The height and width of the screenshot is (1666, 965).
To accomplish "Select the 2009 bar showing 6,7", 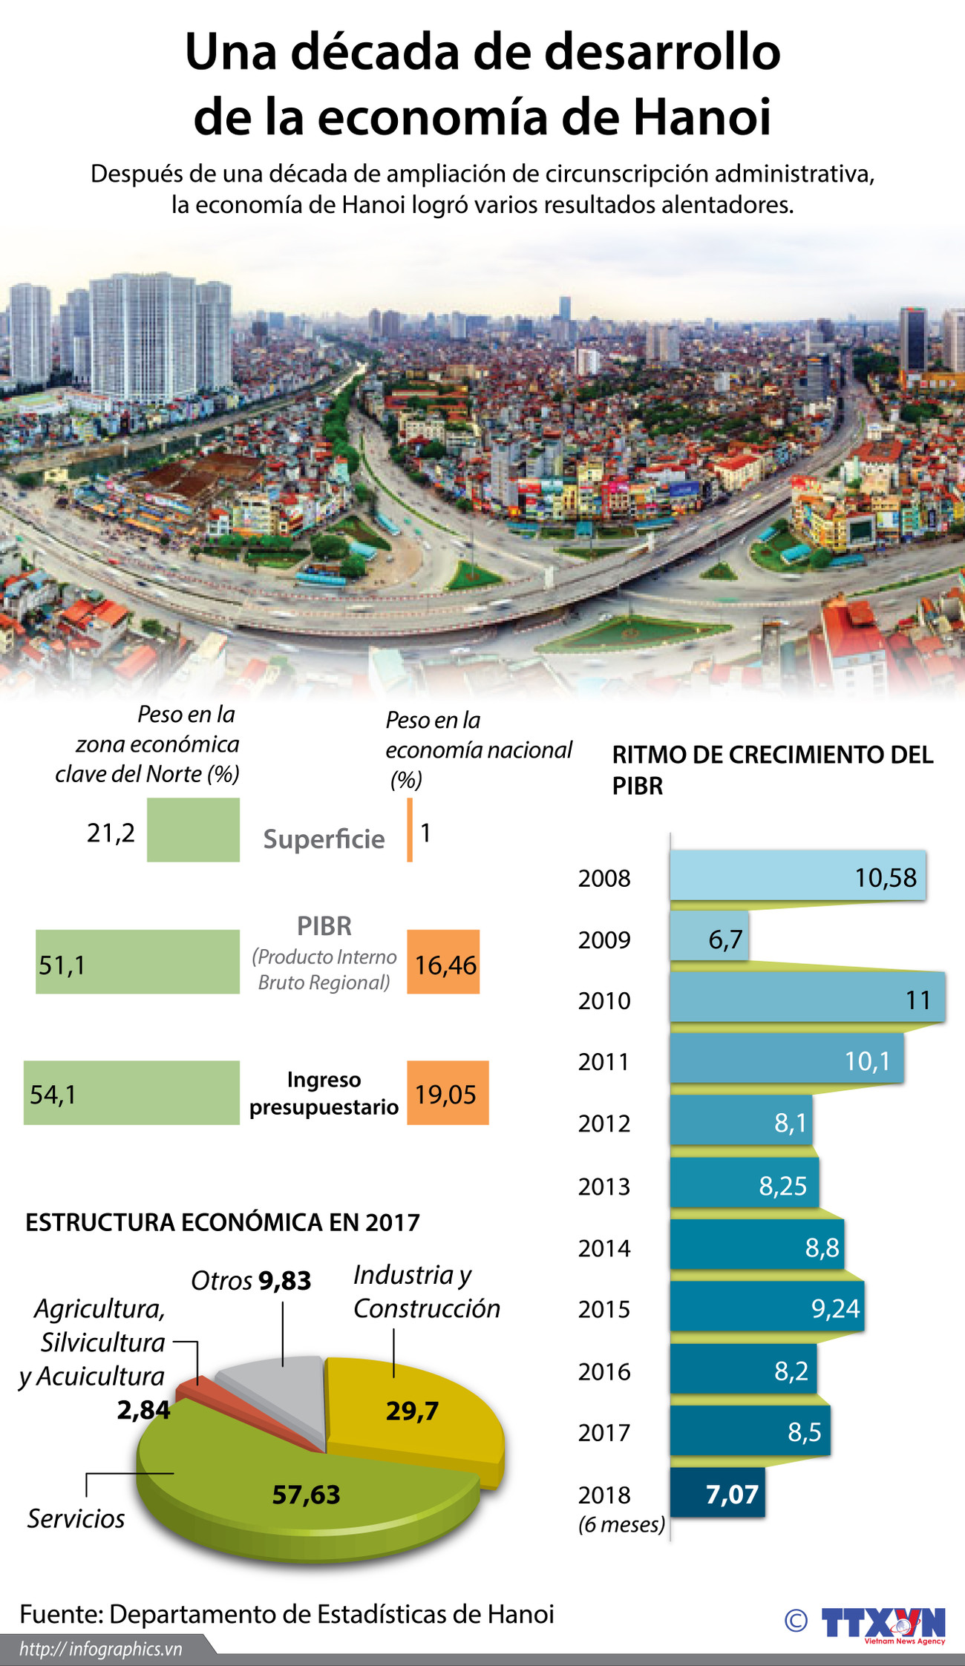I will click(709, 937).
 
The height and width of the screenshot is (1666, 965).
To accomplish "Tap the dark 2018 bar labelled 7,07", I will click(717, 1492).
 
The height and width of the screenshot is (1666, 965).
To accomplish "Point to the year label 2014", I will click(604, 1248).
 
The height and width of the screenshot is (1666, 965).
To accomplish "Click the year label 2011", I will click(604, 1062).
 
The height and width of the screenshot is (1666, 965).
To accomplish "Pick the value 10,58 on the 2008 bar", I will click(886, 878).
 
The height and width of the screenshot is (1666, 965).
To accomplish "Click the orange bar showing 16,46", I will click(443, 962).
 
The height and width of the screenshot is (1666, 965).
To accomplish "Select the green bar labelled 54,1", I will click(131, 1092).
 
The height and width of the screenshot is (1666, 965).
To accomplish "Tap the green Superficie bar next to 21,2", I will click(193, 830).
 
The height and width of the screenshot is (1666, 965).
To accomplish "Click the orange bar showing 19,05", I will click(448, 1092).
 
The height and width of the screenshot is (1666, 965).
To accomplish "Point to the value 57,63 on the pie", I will click(306, 1494).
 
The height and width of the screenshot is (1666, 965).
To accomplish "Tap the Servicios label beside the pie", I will click(76, 1518).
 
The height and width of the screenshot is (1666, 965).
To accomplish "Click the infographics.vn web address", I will click(101, 1649).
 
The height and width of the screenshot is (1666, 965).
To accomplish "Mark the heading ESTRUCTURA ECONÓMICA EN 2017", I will click(223, 1222).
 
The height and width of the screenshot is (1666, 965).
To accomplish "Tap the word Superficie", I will click(324, 839).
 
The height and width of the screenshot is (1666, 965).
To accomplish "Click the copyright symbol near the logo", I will click(796, 1621).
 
